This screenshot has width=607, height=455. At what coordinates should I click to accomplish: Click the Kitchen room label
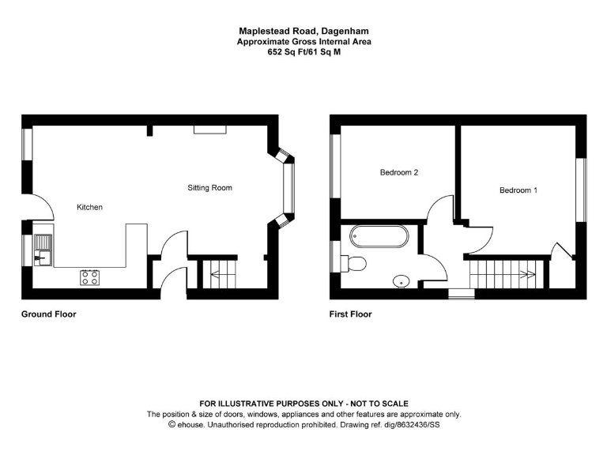89,207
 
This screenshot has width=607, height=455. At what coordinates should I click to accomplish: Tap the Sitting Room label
209,188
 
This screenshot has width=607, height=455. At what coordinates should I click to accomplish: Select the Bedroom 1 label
518,190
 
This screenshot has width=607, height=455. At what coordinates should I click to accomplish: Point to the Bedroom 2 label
398,172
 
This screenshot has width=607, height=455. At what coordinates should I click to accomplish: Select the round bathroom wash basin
401,280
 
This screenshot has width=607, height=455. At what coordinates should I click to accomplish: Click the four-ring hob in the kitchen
89,277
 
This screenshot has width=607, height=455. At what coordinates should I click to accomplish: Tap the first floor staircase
503,273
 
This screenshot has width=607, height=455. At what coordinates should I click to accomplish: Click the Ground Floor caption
48,314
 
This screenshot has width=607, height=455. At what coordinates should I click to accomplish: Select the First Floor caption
350,314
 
